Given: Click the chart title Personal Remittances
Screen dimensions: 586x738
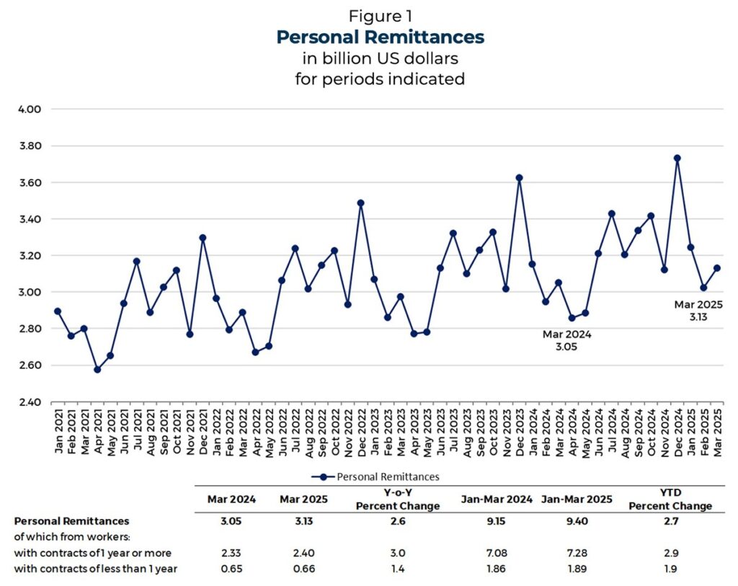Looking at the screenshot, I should point(380,37).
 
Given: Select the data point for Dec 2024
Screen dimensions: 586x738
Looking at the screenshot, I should point(677,158).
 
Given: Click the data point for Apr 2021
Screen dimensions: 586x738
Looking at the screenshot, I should point(97,369).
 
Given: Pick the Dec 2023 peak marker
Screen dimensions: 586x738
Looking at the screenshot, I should point(519,177).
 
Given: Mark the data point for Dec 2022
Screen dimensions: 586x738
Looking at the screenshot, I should point(360,203).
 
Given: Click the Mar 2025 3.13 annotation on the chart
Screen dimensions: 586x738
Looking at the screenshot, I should point(698,311).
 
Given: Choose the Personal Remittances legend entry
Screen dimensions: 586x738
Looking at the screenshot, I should point(380,476).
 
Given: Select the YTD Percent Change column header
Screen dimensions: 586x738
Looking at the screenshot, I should point(670,500).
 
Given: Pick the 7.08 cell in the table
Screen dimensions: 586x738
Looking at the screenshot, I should point(497,554).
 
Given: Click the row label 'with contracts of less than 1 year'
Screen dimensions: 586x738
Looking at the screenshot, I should point(96,569).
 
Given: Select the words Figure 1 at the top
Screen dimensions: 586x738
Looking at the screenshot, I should point(380,16).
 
